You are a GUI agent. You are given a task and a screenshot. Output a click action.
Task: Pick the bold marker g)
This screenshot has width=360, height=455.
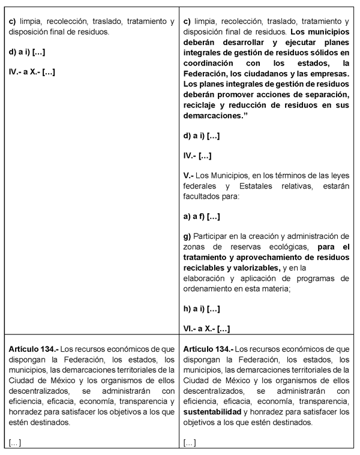click(187, 235)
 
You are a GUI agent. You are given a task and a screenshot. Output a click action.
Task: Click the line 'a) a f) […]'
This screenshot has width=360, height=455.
click(202, 215)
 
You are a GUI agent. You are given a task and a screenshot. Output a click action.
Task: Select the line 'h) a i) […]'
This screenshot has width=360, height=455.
click(202, 309)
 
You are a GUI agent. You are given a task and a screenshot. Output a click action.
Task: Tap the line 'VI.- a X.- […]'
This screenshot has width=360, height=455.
click(206, 328)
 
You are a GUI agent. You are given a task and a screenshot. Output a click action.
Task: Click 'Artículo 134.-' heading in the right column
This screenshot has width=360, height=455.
click(209, 348)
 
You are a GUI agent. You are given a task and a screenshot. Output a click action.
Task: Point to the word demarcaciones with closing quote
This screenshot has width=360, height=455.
click(218, 116)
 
